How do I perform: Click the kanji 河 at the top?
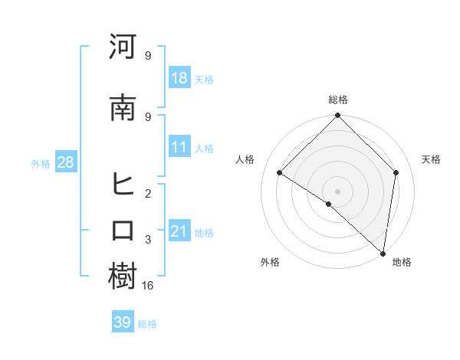tap(123, 47)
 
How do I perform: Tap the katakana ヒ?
tap(123, 185)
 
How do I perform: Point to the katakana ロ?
tap(123, 231)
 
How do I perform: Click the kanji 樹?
tap(123, 277)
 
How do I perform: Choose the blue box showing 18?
tap(179, 78)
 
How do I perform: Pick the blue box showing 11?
tap(179, 147)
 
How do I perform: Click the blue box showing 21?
tap(179, 231)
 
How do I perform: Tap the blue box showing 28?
tap(65, 162)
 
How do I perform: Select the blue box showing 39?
tap(122, 322)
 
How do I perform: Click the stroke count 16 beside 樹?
tap(149, 285)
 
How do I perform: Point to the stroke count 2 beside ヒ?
tap(148, 193)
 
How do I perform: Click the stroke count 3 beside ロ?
tap(148, 240)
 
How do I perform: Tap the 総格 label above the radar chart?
tap(338, 100)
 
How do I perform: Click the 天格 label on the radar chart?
tap(431, 159)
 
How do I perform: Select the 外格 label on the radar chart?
tap(270, 262)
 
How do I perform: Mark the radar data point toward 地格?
tap(383, 254)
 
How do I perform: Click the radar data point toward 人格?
tap(280, 173)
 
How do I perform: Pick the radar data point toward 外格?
tap(329, 204)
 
